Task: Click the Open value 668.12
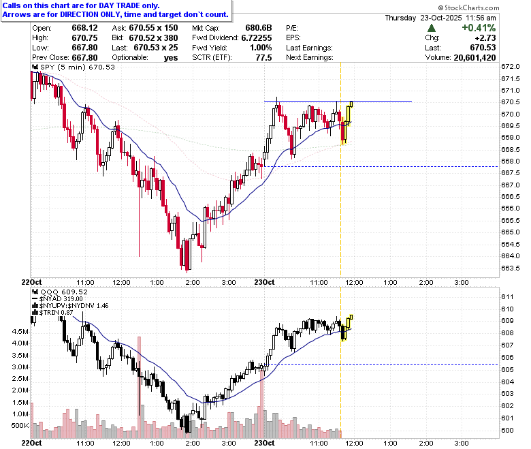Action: click(84, 28)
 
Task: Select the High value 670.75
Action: click(84, 37)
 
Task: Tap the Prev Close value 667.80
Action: click(84, 58)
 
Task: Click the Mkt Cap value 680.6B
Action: click(259, 28)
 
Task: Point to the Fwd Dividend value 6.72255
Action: click(257, 37)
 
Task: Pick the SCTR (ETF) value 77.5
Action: click(264, 58)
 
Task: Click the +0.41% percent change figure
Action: click(479, 28)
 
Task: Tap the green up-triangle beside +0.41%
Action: click(432, 28)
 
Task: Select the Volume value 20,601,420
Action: click(474, 58)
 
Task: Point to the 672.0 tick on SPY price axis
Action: click(510, 66)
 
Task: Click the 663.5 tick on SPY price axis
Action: click(510, 268)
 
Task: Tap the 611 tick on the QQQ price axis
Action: click(507, 297)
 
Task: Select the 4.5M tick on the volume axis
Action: click(20, 331)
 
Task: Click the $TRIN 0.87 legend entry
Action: click(53, 313)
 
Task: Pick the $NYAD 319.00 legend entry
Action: click(57, 299)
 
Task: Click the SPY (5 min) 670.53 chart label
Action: click(74, 67)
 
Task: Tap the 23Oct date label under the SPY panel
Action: click(265, 282)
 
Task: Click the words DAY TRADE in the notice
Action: click(119, 5)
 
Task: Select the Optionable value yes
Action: click(171, 58)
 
